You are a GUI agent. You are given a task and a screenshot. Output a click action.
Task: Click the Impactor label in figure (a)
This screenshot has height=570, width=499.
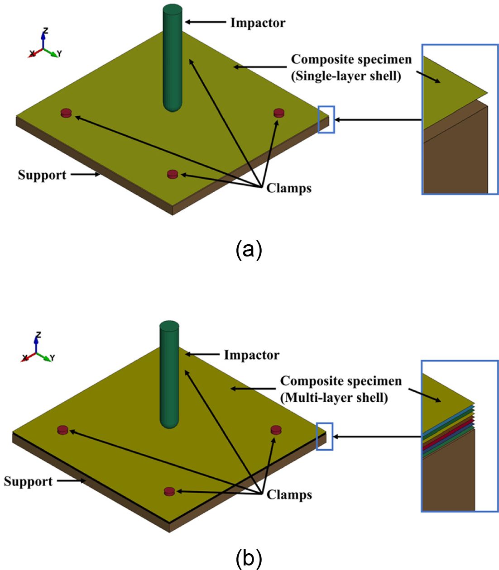pyautogui.click(x=258, y=23)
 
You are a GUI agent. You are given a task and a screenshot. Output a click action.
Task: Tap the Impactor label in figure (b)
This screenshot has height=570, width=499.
pyautogui.click(x=251, y=355)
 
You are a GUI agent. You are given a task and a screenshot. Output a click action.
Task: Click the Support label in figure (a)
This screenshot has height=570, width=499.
pyautogui.click(x=42, y=175)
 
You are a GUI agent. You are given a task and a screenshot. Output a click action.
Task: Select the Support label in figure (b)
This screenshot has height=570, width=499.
pyautogui.click(x=28, y=481)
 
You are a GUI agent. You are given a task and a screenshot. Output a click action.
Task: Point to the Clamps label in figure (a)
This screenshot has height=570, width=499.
pyautogui.click(x=289, y=188)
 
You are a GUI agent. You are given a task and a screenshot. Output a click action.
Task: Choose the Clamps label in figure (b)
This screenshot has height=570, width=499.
pyautogui.click(x=289, y=494)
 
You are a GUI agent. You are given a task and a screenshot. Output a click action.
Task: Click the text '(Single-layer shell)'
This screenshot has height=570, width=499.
pyautogui.click(x=346, y=76)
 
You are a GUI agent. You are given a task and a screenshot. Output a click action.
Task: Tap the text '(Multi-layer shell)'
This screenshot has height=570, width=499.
pyautogui.click(x=334, y=398)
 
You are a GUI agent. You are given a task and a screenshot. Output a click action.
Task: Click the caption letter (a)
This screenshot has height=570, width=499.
pyautogui.click(x=249, y=250)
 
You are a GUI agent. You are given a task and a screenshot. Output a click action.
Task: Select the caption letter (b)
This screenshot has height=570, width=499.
pyautogui.click(x=249, y=560)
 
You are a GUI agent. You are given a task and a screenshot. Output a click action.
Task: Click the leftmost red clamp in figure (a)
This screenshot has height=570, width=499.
pyautogui.click(x=66, y=113)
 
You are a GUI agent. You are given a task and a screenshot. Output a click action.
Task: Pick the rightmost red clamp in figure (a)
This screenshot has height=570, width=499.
pyautogui.click(x=279, y=113)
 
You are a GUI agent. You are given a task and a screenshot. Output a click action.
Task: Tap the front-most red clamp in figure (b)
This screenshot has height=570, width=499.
pyautogui.click(x=169, y=491)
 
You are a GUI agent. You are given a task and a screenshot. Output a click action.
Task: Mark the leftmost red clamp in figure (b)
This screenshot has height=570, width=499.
pyautogui.click(x=62, y=430)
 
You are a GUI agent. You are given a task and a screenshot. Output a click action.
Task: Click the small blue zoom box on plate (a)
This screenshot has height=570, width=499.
pyautogui.click(x=326, y=119)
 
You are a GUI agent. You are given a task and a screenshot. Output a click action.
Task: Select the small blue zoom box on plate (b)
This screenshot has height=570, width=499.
pyautogui.click(x=324, y=437)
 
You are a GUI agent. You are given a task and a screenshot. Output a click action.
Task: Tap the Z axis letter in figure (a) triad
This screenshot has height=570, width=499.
pyautogui.click(x=45, y=31)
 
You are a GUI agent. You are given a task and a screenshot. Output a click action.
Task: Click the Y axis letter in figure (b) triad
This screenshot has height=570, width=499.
pyautogui.click(x=53, y=358)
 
